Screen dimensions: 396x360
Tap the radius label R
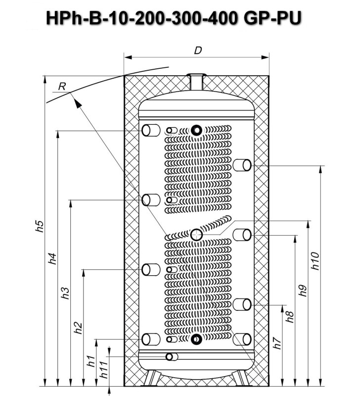62,86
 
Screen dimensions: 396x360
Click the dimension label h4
53,259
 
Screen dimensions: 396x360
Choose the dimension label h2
78,327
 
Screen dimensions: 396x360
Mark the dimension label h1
90,361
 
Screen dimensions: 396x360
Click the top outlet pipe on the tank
196,82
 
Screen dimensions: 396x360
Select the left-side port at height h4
150,131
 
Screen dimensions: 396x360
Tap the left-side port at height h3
150,200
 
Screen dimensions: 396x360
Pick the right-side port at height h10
242,164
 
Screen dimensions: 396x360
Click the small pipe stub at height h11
172,357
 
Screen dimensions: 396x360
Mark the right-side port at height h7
242,339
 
